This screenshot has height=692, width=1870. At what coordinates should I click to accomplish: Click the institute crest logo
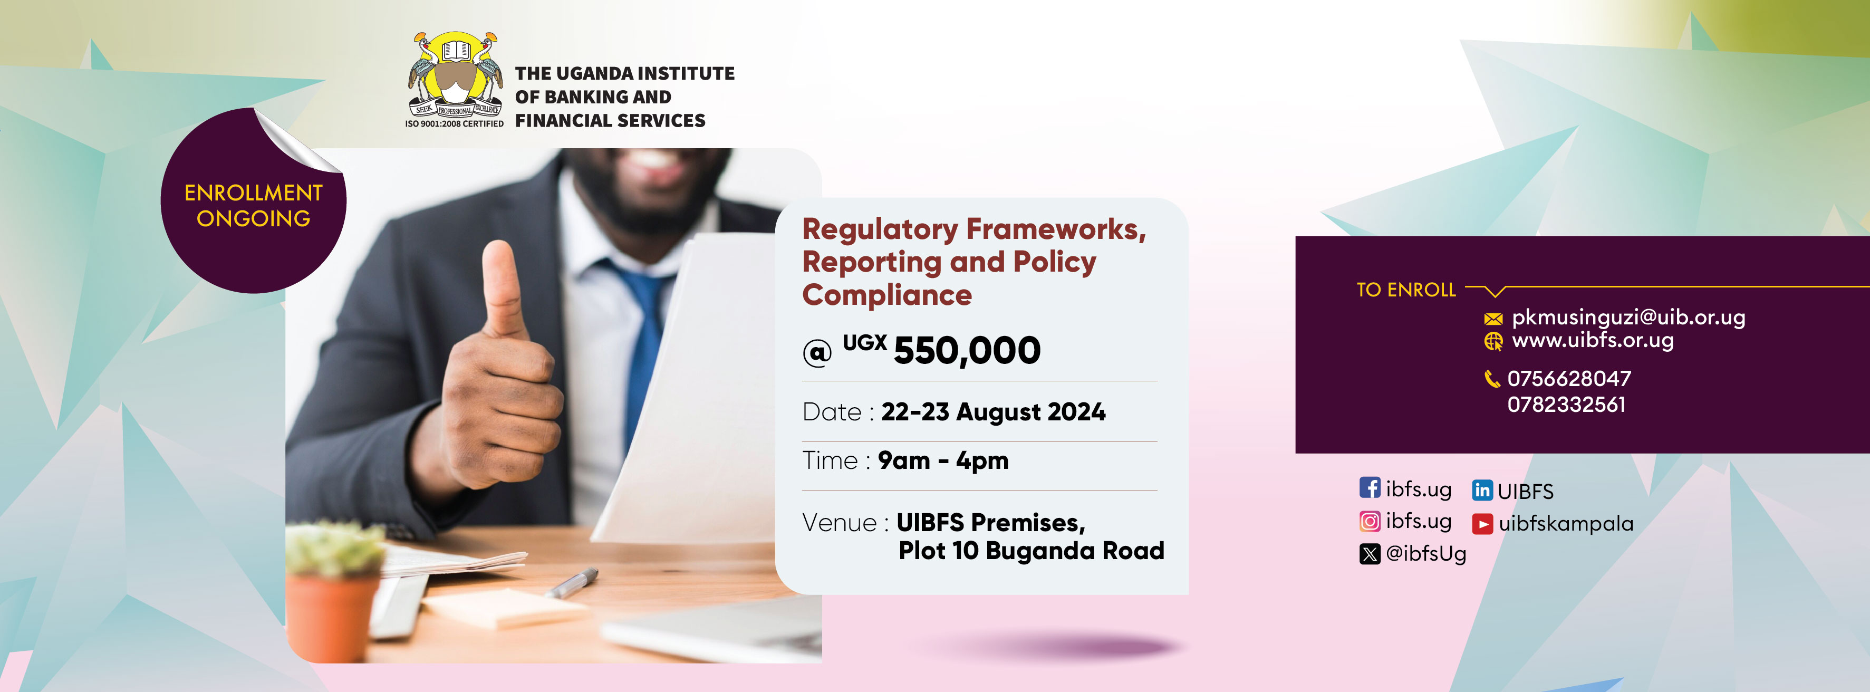(x=455, y=75)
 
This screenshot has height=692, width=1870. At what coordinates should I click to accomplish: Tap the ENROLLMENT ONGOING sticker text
(x=253, y=206)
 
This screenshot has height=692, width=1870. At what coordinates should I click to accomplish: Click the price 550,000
(x=967, y=351)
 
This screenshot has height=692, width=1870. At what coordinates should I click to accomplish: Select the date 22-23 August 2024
(x=993, y=412)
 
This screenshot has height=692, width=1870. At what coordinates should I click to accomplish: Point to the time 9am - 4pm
(x=943, y=460)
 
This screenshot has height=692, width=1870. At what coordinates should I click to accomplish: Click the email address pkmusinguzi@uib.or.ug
(x=1628, y=318)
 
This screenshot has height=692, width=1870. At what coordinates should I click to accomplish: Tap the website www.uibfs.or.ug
(x=1593, y=340)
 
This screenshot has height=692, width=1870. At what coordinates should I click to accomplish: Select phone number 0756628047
(x=1569, y=378)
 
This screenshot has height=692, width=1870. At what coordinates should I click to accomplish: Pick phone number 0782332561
(x=1567, y=405)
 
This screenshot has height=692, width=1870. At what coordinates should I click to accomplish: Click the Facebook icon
(x=1369, y=487)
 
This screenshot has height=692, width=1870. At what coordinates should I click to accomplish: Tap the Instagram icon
(x=1369, y=521)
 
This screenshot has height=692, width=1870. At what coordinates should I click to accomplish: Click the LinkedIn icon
(x=1482, y=490)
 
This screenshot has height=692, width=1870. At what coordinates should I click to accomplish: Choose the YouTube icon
(x=1482, y=524)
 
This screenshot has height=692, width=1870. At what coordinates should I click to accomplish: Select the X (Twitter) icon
(x=1369, y=554)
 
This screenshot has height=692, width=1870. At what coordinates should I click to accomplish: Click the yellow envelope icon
(x=1493, y=319)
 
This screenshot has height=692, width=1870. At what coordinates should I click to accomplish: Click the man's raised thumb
(x=502, y=287)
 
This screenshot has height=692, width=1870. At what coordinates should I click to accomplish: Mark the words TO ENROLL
(x=1406, y=290)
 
